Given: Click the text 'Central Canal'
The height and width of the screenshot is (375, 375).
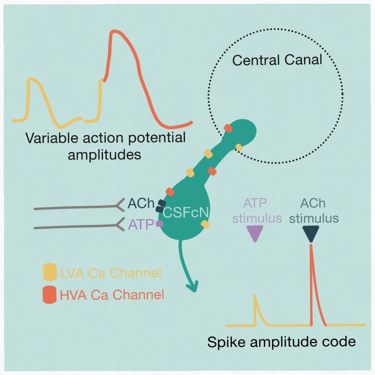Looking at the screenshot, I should [278, 60].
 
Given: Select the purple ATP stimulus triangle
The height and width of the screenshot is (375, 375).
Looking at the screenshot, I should [255, 233].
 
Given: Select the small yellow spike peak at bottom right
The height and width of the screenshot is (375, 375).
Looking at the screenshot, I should [256, 297].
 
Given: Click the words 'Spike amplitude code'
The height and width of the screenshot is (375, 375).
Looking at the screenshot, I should [281, 342].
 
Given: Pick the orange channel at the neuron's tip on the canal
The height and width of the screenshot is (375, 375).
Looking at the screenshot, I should [228, 128].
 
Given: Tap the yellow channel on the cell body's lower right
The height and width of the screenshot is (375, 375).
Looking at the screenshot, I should [205, 224].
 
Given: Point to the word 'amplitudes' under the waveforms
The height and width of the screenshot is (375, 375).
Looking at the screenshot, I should [104, 155].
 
